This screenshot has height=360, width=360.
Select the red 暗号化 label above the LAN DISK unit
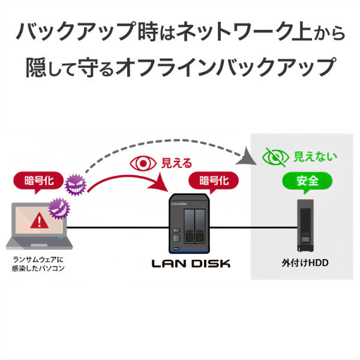click(x=213, y=180)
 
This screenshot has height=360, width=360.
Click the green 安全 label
click(x=307, y=180)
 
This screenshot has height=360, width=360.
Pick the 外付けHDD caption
click(x=305, y=263)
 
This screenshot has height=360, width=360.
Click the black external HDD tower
click(x=305, y=227)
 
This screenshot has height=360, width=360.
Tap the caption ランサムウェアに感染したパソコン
click(x=38, y=264)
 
